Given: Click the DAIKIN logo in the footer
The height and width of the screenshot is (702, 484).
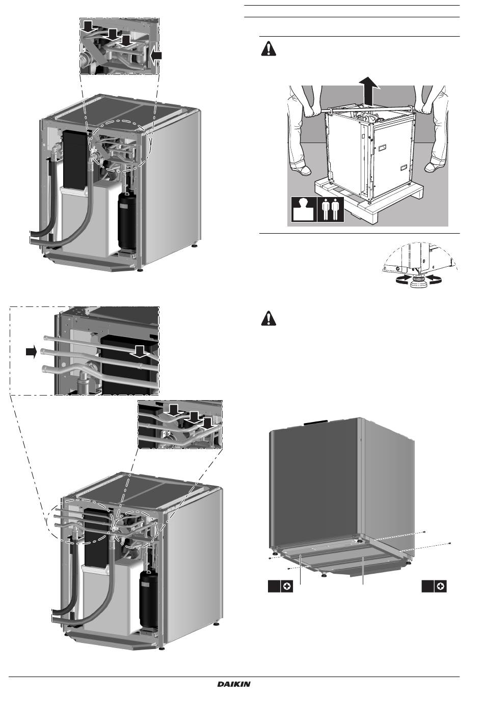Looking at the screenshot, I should (x=234, y=684).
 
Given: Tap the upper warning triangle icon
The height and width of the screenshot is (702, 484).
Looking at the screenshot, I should (x=268, y=49).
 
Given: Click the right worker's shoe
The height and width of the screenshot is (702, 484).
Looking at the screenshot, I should (x=437, y=167).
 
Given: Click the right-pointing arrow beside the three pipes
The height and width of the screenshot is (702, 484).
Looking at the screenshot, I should (x=32, y=352).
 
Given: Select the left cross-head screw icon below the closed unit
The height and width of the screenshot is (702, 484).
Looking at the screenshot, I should (x=287, y=587).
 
